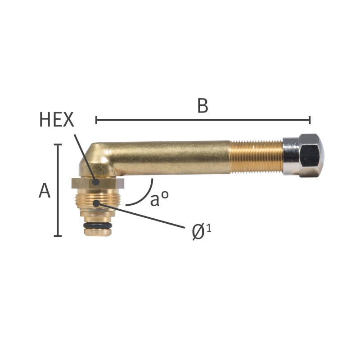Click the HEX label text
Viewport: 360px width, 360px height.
[x=57, y=120]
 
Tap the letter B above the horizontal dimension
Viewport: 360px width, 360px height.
[x=203, y=106]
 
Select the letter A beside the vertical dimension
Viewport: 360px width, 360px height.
[x=44, y=190]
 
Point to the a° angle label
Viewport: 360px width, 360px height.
[x=160, y=198]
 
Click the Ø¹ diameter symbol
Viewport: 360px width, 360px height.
[x=201, y=232]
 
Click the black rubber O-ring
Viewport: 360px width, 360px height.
[x=98, y=225]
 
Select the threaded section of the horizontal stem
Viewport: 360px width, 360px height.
[x=256, y=157]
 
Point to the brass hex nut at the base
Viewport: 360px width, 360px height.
[x=98, y=183]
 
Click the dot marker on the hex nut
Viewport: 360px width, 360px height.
[x=95, y=182]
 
